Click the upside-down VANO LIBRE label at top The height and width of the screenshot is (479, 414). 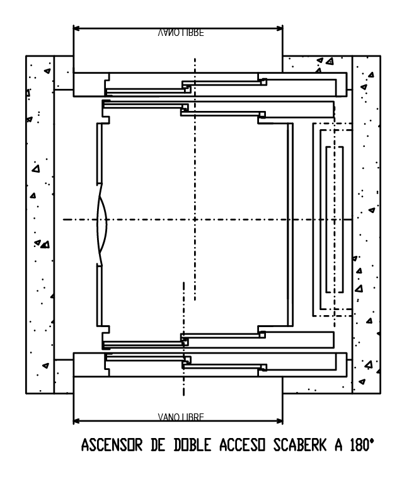pyautogui.click(x=180, y=33)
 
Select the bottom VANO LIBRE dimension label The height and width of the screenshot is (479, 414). pyautogui.click(x=180, y=417)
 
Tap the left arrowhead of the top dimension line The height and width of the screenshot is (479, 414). pyautogui.click(x=76, y=28)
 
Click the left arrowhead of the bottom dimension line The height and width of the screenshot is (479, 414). pyautogui.click(x=76, y=420)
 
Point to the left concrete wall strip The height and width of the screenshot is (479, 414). pyautogui.click(x=40, y=221)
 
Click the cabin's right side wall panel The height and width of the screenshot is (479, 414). pyautogui.click(x=289, y=221)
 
